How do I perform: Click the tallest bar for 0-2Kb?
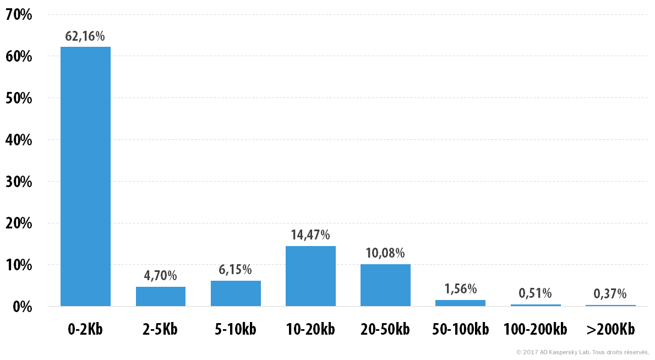(x=86, y=176)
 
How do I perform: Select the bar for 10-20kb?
(x=310, y=276)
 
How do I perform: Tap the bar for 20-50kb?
(x=385, y=285)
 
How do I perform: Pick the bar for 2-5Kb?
(x=160, y=297)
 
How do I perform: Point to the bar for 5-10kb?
(x=236, y=293)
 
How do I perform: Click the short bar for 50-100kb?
(x=460, y=303)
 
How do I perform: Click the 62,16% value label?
(x=85, y=36)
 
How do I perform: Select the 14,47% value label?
(x=310, y=235)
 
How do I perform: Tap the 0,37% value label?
(x=610, y=294)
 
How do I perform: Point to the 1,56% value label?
(x=460, y=288)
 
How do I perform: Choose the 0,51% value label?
(x=535, y=293)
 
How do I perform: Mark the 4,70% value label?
(x=160, y=276)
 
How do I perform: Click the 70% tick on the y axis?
(x=19, y=15)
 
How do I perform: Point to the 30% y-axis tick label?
(x=19, y=182)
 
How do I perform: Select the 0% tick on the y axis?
(x=23, y=307)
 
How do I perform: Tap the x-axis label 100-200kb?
(x=535, y=329)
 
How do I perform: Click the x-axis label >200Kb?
(x=610, y=329)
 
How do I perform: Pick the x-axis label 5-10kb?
(x=236, y=329)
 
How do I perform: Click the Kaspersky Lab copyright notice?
(x=582, y=352)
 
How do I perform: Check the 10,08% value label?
(x=385, y=253)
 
